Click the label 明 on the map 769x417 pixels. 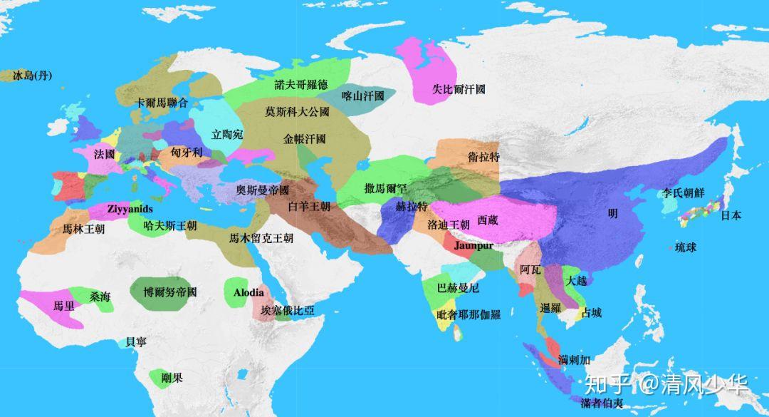click(612, 213)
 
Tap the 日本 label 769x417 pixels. click(731, 215)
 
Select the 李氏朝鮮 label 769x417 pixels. click(683, 192)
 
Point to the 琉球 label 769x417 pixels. click(686, 247)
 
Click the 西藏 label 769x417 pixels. click(488, 220)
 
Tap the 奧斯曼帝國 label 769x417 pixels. click(263, 190)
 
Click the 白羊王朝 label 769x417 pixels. click(309, 207)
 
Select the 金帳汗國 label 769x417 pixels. click(304, 139)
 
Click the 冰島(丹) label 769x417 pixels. click(33, 76)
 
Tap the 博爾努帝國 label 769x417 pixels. click(169, 292)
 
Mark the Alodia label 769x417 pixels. click(249, 292)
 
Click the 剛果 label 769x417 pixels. click(172, 377)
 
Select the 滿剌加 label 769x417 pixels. click(575, 359)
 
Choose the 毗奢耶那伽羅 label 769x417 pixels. click(468, 314)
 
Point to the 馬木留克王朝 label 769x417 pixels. click(261, 238)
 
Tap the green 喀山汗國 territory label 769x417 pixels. click(363, 96)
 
